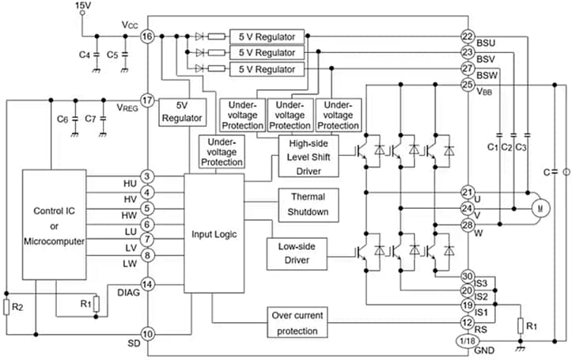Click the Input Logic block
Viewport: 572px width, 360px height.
[x=214, y=233]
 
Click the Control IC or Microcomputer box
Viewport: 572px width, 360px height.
[x=54, y=226]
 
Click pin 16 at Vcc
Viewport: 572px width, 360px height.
[x=146, y=36]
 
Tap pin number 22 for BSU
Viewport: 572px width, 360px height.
[x=467, y=36]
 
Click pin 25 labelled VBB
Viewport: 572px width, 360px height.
[x=467, y=85]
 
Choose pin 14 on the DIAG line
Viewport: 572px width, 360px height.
[x=146, y=284]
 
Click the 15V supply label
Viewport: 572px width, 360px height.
[x=83, y=6]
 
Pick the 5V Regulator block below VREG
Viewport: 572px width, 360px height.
[x=183, y=112]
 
